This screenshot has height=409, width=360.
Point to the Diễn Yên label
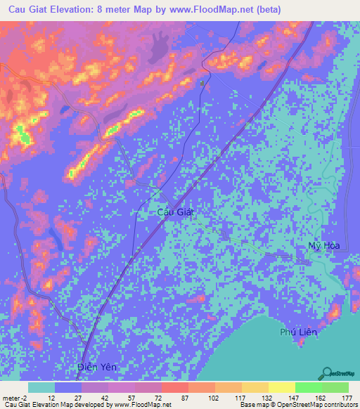96,368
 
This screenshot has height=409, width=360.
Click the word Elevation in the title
79,10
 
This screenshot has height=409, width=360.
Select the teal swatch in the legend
41,387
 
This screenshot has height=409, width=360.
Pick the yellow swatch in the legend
281,387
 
